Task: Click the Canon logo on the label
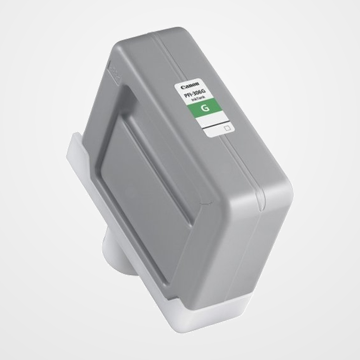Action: click(190, 85)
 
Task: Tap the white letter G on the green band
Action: click(206, 108)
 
